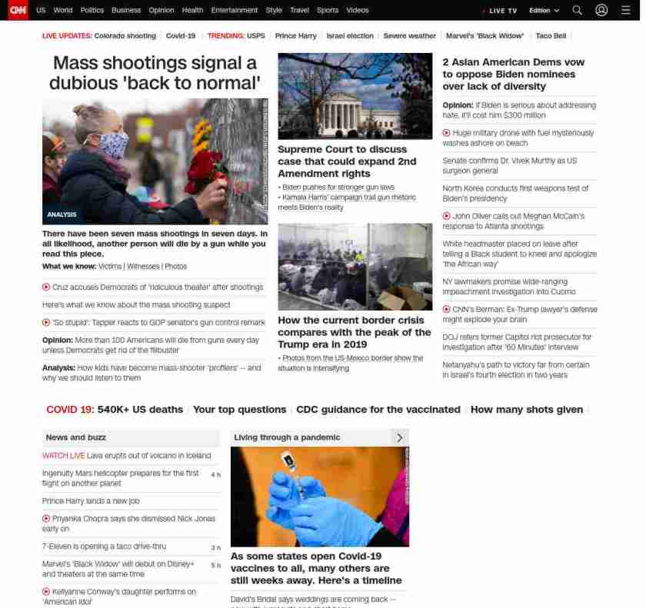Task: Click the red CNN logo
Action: [18, 10]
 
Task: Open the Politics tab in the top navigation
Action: [92, 10]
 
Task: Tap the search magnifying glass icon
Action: [577, 10]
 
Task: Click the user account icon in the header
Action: [601, 10]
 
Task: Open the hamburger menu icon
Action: [625, 10]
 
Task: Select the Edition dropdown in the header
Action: [544, 11]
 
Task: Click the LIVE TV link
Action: [502, 11]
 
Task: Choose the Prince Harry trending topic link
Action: [295, 36]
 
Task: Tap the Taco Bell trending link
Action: [551, 36]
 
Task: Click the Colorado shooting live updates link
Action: [125, 36]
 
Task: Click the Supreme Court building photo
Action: [355, 96]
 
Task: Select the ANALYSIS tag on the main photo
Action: [62, 214]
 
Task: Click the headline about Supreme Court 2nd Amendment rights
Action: [346, 161]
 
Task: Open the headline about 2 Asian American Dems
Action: [513, 74]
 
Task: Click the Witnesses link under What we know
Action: [143, 266]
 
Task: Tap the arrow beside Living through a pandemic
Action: [399, 437]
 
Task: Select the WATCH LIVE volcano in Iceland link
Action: [126, 456]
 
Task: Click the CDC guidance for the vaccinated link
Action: [378, 410]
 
